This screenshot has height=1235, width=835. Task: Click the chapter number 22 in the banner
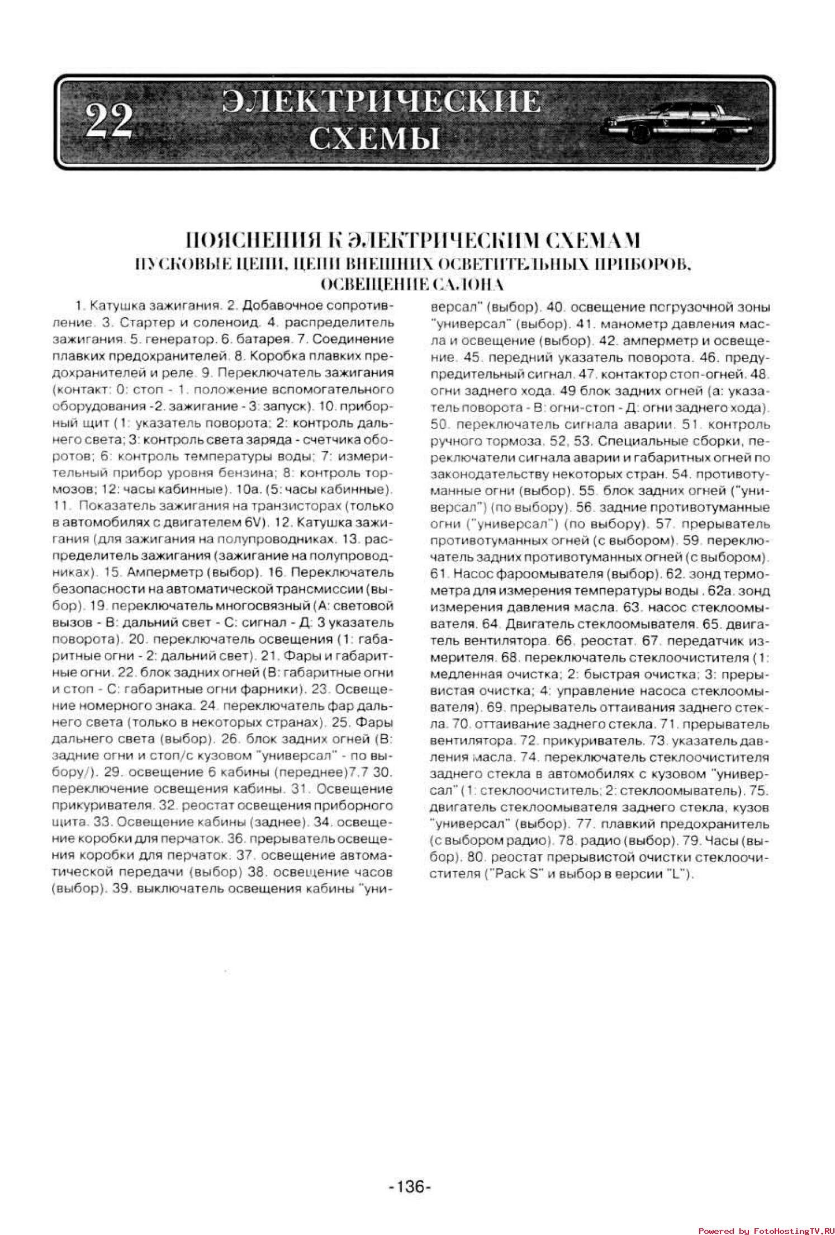pyautogui.click(x=109, y=120)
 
